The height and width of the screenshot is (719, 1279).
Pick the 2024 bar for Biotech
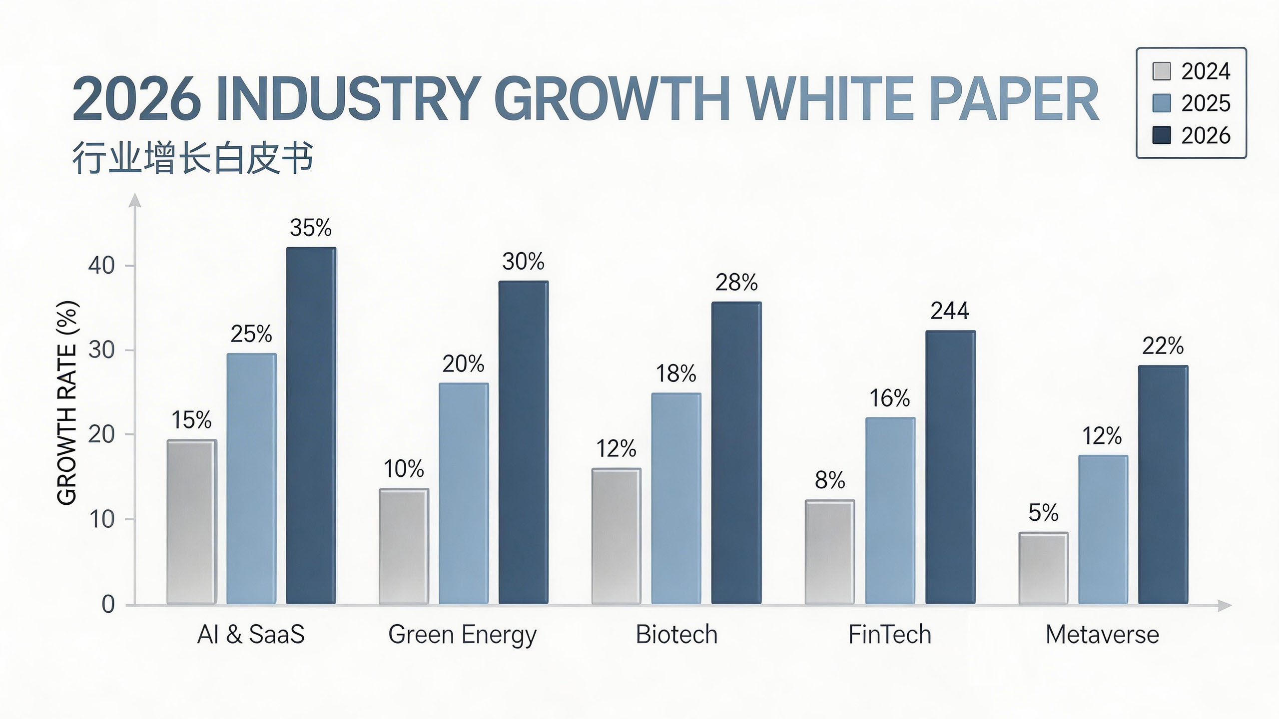tap(616, 536)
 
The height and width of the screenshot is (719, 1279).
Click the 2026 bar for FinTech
tap(950, 467)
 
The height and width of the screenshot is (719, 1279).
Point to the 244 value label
tap(949, 311)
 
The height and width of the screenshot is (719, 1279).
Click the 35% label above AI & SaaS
tap(310, 228)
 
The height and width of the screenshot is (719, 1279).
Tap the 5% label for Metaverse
tap(1043, 513)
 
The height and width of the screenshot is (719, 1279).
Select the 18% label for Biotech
tap(675, 373)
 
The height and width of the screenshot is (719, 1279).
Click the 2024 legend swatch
tap(1162, 71)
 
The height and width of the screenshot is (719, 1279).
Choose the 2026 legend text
tap(1206, 135)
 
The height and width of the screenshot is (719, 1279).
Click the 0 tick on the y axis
tap(108, 605)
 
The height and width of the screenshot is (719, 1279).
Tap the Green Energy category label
tap(462, 635)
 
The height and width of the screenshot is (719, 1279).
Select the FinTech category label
tap(890, 635)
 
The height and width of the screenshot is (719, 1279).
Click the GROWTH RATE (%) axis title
tap(67, 402)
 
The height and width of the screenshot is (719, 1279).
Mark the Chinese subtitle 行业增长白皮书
tap(193, 158)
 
